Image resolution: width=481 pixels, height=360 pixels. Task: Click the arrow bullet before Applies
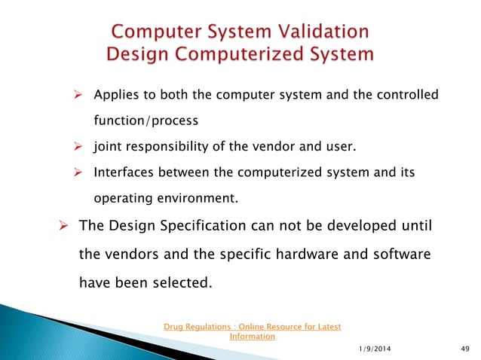pos(76,96)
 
